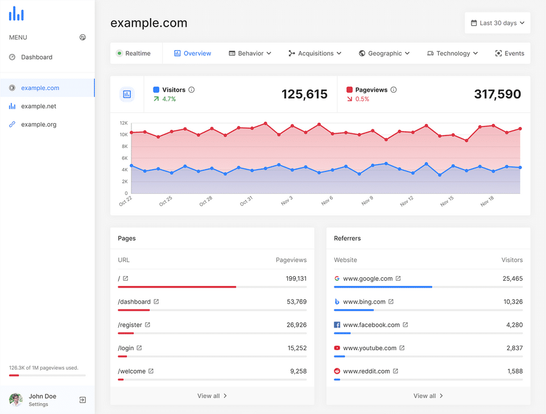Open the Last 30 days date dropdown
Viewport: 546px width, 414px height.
(x=497, y=23)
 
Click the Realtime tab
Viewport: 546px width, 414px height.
(x=133, y=54)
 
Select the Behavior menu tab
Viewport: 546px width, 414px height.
(x=250, y=54)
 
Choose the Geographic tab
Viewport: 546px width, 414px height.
(x=384, y=54)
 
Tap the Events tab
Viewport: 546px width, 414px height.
(x=510, y=54)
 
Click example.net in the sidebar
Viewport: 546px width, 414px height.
(x=38, y=106)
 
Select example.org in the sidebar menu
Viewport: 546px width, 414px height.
(x=39, y=125)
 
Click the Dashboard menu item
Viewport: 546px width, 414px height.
(x=36, y=57)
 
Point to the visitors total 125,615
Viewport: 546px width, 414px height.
(x=304, y=94)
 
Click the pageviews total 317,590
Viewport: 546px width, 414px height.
(x=497, y=94)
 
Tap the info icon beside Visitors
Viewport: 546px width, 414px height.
(x=192, y=89)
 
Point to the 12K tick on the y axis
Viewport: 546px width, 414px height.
(x=123, y=123)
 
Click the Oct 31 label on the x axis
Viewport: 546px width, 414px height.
(x=246, y=201)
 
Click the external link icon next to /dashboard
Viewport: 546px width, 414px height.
(x=156, y=301)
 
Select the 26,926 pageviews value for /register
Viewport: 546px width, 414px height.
(x=297, y=325)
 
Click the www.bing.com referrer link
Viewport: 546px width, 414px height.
(x=364, y=302)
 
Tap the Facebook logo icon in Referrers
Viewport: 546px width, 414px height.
(x=337, y=325)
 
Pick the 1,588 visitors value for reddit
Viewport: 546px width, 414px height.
(x=515, y=371)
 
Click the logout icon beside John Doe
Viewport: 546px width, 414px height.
(x=82, y=400)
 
